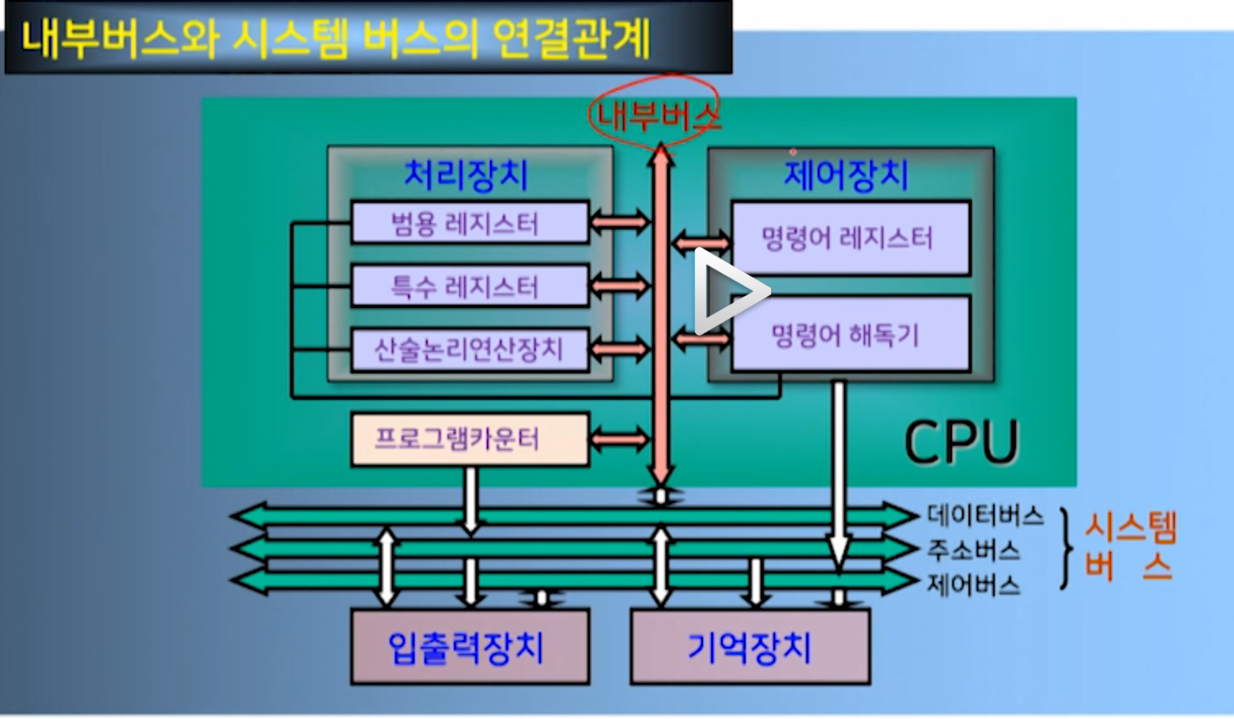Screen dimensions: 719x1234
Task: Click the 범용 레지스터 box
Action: tap(470, 223)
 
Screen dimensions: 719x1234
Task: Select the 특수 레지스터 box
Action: tap(470, 286)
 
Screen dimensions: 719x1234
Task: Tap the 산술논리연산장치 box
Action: tap(470, 350)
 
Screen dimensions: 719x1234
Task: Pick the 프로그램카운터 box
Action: tap(470, 440)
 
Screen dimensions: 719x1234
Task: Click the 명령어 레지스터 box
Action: tap(850, 238)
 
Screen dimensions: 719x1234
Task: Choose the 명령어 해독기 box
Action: tap(850, 334)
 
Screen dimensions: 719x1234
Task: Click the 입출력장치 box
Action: tap(470, 647)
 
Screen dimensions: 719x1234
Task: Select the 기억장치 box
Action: tap(750, 647)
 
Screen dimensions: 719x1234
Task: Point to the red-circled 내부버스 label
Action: tap(656, 115)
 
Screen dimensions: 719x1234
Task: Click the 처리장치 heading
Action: tap(465, 174)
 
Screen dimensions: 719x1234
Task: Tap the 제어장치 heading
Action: tap(846, 174)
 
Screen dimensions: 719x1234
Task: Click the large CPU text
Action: tap(960, 442)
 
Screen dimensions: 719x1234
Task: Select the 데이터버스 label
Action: tap(985, 516)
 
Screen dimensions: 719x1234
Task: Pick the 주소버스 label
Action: tap(973, 550)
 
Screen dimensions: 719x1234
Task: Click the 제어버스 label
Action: tap(973, 585)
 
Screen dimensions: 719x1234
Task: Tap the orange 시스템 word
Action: tap(1131, 527)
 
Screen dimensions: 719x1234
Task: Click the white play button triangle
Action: tap(728, 291)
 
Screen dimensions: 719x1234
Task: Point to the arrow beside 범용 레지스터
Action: tap(619, 221)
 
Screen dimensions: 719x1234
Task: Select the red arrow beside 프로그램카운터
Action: tap(619, 440)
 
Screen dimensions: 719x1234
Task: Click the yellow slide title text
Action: tap(336, 38)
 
